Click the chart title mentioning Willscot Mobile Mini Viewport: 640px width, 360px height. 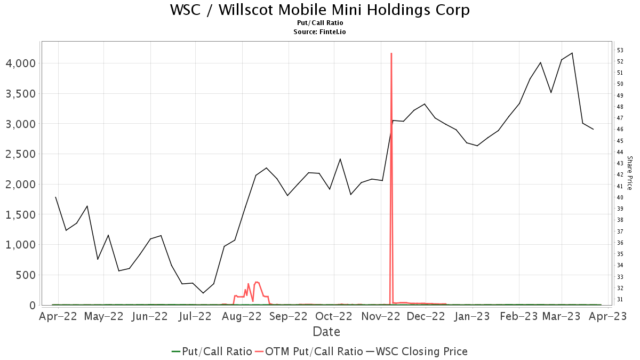pyautogui.click(x=320, y=10)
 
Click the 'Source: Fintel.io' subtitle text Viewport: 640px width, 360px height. pyautogui.click(x=320, y=32)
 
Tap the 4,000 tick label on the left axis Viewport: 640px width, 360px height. pyautogui.click(x=20, y=63)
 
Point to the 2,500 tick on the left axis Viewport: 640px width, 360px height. pyautogui.click(x=20, y=154)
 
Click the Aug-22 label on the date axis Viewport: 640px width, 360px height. pyautogui.click(x=241, y=316)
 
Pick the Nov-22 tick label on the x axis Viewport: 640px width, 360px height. pyautogui.click(x=381, y=316)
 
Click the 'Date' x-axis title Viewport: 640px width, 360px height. pyautogui.click(x=326, y=332)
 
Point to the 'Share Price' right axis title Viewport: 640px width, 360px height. pyautogui.click(x=629, y=173)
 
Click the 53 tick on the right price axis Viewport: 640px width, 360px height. pyautogui.click(x=620, y=50)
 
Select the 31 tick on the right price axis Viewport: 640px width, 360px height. pyautogui.click(x=620, y=299)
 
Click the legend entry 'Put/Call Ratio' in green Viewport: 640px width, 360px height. pyautogui.click(x=212, y=351)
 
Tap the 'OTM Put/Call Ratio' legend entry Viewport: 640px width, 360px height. pyautogui.click(x=309, y=351)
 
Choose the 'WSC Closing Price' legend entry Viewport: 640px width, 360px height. pyautogui.click(x=416, y=351)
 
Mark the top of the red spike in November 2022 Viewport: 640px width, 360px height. pyautogui.click(x=391, y=53)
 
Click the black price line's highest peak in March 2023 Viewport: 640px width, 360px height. pyautogui.click(x=572, y=53)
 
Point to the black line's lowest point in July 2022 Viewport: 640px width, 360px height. pyautogui.click(x=203, y=293)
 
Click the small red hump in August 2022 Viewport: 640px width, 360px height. pyautogui.click(x=257, y=282)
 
